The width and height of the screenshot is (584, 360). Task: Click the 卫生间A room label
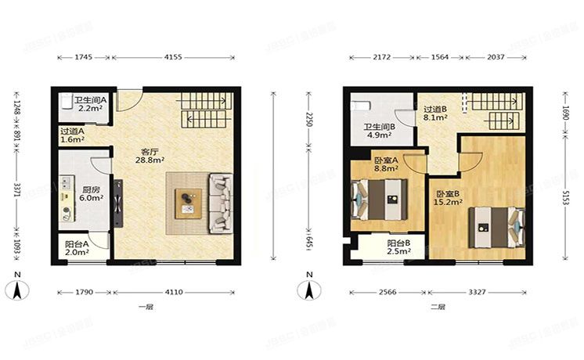coord(90,105)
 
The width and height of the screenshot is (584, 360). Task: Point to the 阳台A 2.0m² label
coord(77,248)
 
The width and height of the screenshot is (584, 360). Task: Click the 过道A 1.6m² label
coord(72,135)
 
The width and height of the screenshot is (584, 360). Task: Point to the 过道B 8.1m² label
coord(435,113)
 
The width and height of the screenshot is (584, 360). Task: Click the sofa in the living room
coord(220,201)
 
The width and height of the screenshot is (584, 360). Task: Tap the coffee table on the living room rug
coord(187,202)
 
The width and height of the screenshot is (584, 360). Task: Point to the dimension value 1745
coord(84,57)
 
